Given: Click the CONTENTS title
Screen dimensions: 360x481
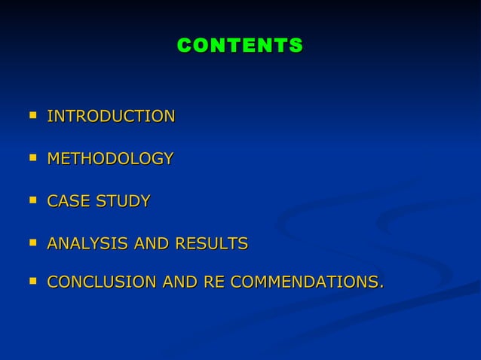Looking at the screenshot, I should (x=240, y=46).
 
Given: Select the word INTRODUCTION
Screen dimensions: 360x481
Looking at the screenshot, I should (x=111, y=117).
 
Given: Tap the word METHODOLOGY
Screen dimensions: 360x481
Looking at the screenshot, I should (x=110, y=159).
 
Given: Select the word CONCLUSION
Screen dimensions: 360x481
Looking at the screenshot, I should (x=102, y=282).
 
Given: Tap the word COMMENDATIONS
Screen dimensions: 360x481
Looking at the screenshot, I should (x=303, y=282).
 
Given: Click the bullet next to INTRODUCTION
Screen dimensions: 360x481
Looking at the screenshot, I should (x=32, y=116).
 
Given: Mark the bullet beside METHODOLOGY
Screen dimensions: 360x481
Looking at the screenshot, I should (x=32, y=158).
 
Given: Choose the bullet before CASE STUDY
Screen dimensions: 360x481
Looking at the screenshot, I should (x=32, y=200).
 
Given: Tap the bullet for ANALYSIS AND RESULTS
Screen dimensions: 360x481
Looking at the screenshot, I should (x=32, y=243).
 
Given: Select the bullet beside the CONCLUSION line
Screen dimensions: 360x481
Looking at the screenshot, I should (x=32, y=281).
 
